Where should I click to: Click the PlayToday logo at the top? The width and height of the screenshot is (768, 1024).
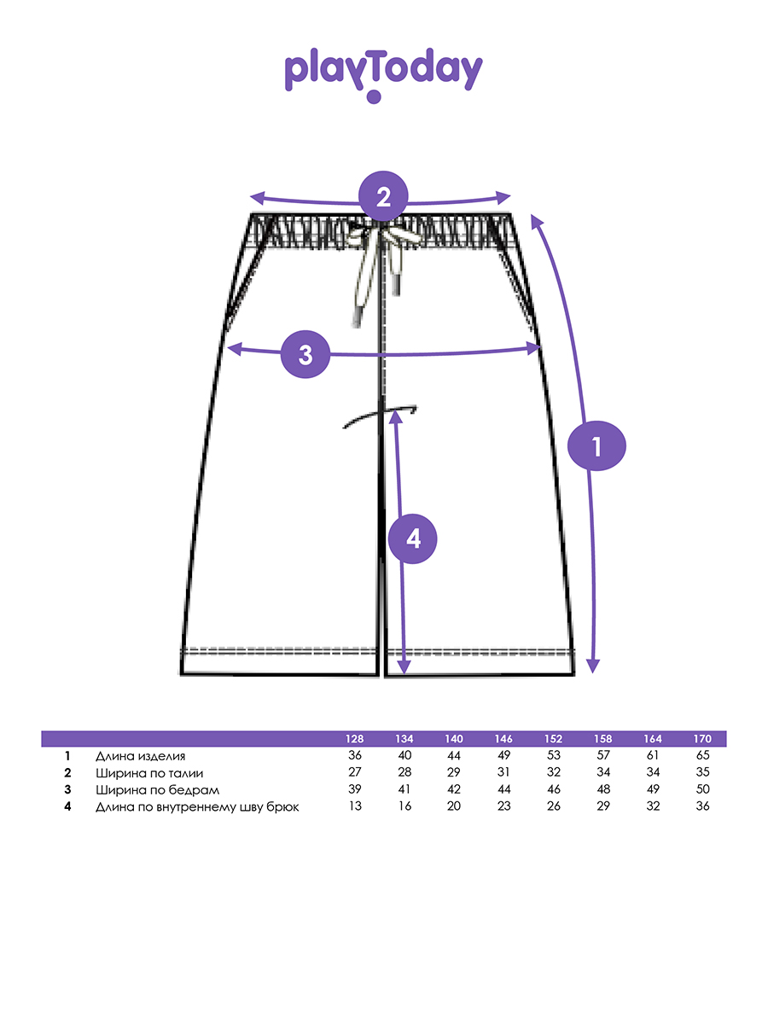pyautogui.click(x=383, y=73)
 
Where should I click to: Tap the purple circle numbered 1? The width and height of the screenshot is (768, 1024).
pyautogui.click(x=596, y=445)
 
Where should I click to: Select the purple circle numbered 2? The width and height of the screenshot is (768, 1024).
pyautogui.click(x=383, y=198)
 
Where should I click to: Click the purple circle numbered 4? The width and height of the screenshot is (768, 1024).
pyautogui.click(x=413, y=539)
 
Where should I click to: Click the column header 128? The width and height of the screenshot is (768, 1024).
pyautogui.click(x=354, y=739)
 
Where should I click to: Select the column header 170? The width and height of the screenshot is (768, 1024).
pyautogui.click(x=702, y=739)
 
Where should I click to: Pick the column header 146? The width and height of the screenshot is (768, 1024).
pyautogui.click(x=503, y=739)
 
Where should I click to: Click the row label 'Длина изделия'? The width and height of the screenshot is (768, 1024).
pyautogui.click(x=140, y=756)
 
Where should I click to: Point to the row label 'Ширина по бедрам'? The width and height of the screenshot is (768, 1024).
pyautogui.click(x=152, y=790)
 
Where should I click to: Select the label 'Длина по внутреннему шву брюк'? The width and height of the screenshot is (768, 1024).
pyautogui.click(x=197, y=806)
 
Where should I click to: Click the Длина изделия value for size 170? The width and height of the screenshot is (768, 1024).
pyautogui.click(x=702, y=756)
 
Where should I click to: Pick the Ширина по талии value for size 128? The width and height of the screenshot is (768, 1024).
pyautogui.click(x=354, y=773)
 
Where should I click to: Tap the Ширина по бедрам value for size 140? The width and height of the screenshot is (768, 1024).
pyautogui.click(x=454, y=790)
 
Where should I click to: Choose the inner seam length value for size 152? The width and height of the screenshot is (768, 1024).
pyautogui.click(x=553, y=806)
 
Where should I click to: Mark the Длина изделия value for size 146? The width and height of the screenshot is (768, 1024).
pyautogui.click(x=503, y=756)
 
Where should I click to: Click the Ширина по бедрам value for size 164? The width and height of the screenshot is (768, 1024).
pyautogui.click(x=653, y=790)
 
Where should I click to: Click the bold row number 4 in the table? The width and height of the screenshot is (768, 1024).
pyautogui.click(x=67, y=806)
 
